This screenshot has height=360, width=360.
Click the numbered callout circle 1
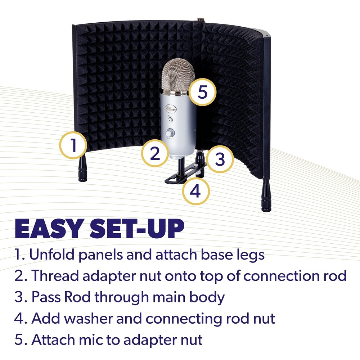coord(73,145)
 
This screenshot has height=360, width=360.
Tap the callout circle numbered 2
coord(155,154)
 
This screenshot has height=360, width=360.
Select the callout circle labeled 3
coord(220,159)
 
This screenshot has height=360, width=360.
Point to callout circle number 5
coord(202,92)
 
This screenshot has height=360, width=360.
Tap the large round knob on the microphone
coord(170,133)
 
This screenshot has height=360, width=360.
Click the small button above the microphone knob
coord(170,121)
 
